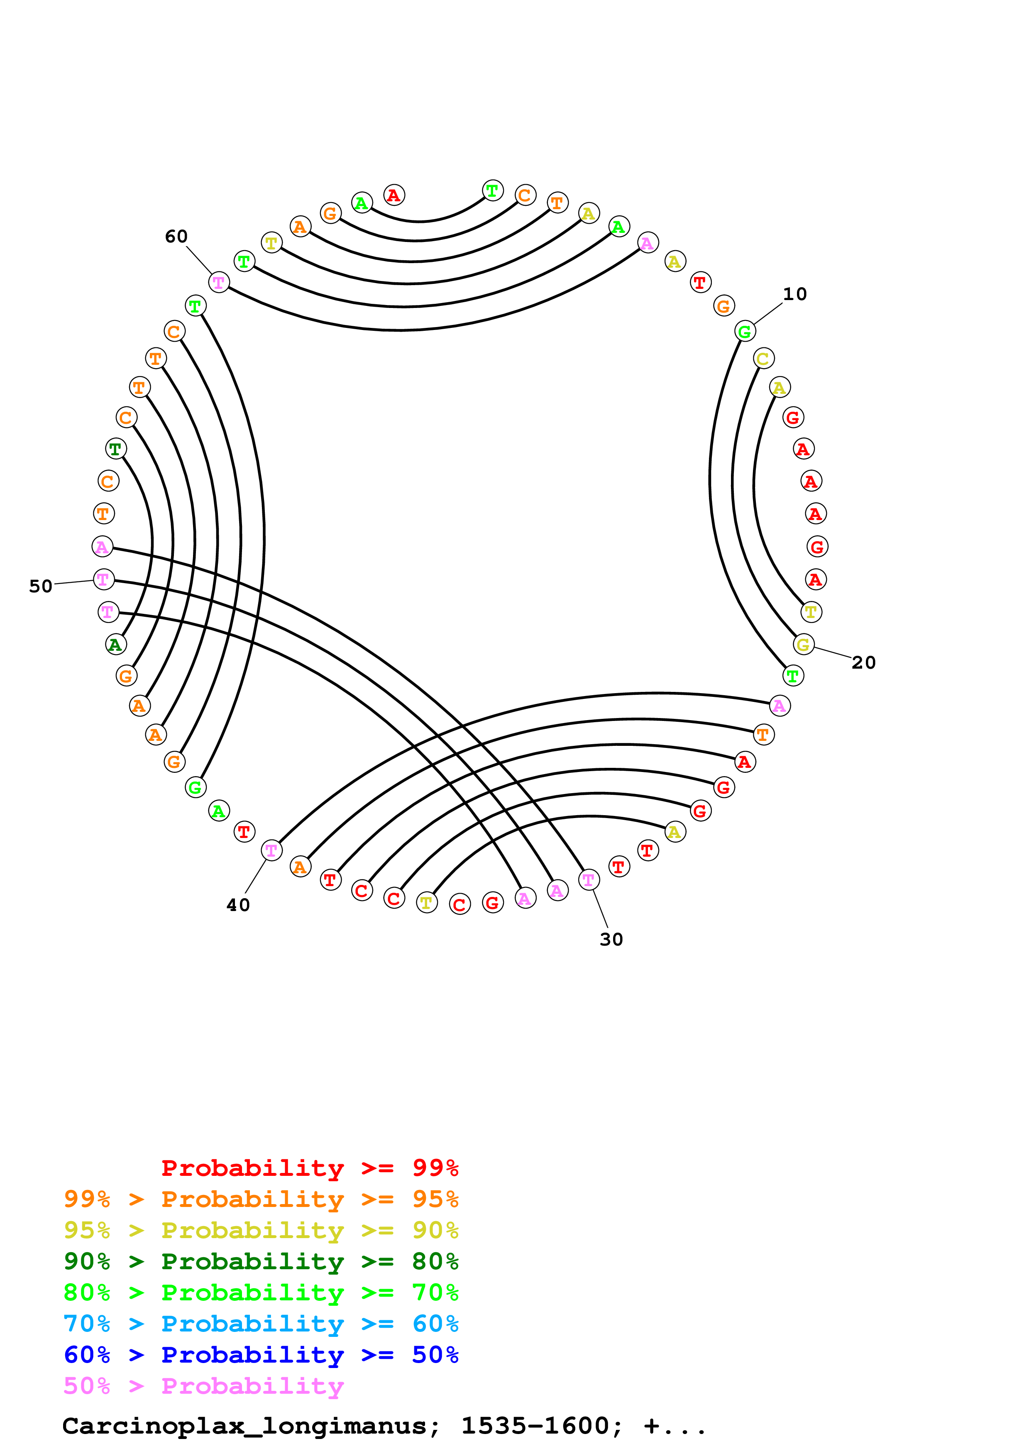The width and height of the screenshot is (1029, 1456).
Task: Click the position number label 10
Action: tap(794, 294)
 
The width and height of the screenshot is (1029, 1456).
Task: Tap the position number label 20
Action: tap(863, 663)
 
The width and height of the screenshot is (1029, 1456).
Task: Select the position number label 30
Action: tap(611, 940)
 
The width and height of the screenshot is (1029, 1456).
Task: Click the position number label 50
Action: tap(41, 586)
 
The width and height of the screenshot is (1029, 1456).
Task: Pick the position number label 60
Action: tap(176, 237)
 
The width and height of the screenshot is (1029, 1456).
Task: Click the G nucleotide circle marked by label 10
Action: tap(745, 331)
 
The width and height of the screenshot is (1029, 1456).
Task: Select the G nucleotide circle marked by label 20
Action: tap(803, 644)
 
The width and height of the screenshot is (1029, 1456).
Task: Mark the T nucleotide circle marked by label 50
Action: tap(103, 579)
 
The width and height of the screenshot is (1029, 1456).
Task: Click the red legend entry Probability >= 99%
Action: tap(309, 1168)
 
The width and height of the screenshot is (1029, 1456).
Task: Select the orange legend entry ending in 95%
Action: tap(261, 1199)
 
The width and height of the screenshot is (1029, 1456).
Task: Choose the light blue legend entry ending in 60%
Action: tap(261, 1324)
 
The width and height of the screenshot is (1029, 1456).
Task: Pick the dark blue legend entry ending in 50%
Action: tap(261, 1355)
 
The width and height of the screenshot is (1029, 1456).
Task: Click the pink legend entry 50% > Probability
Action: tap(203, 1385)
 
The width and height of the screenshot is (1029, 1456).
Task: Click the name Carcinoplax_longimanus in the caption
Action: tap(244, 1426)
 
